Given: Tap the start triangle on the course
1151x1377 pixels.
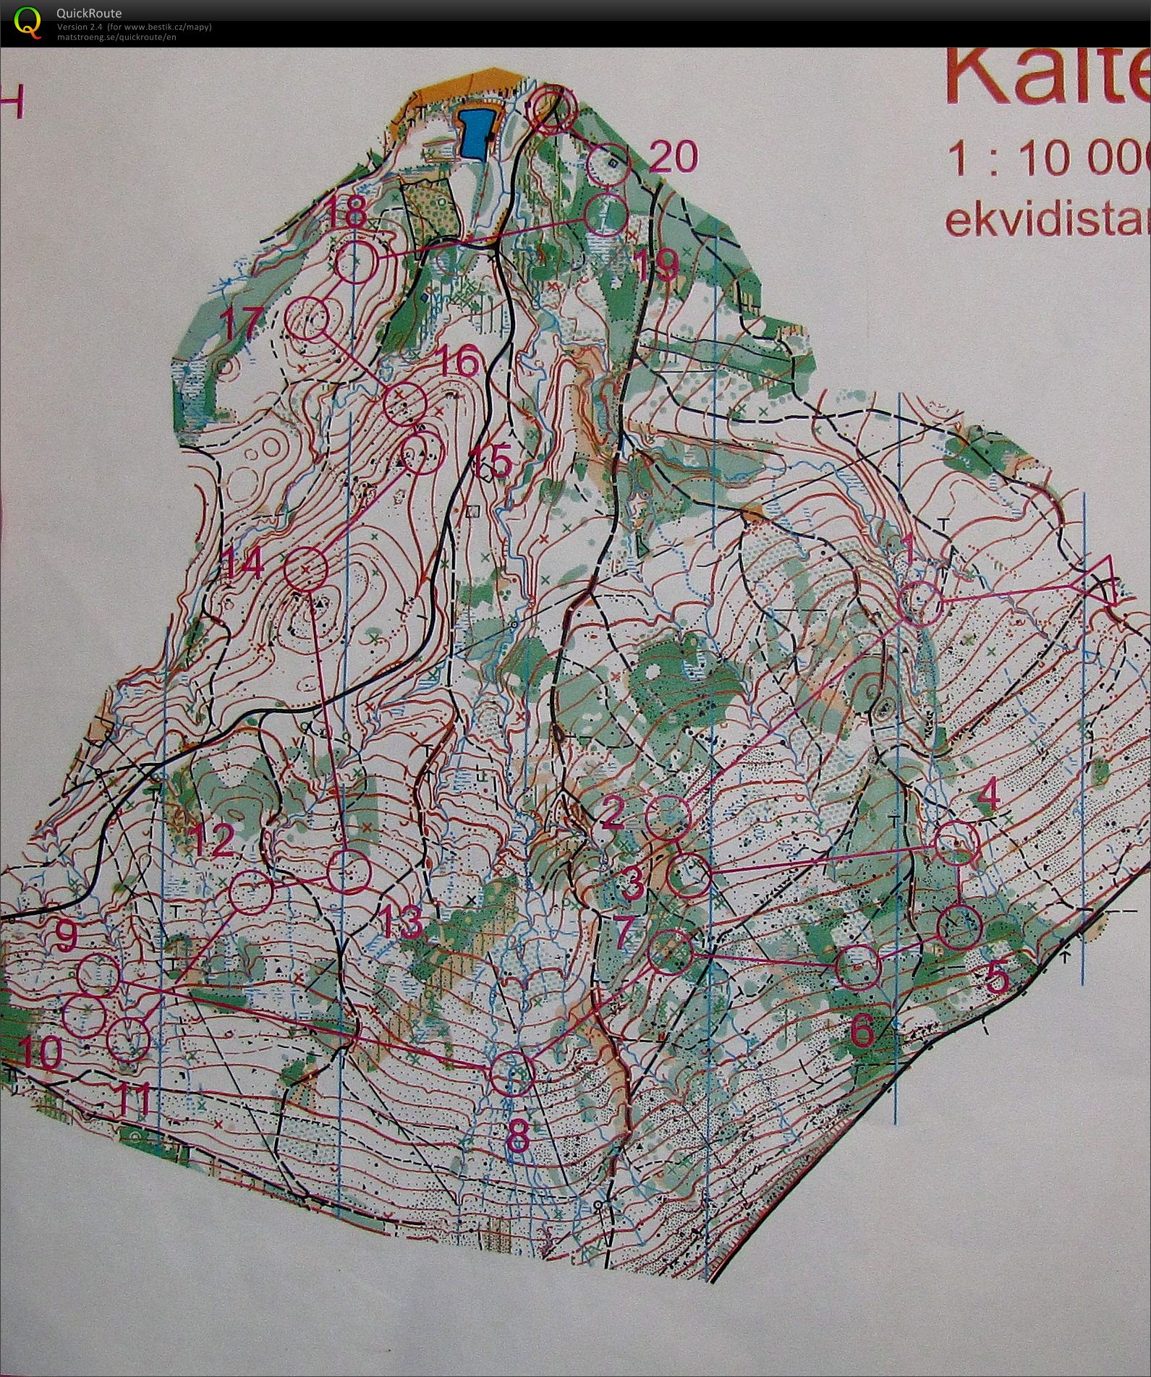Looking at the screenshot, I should [x=1099, y=578].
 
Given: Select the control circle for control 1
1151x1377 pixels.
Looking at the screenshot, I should [x=919, y=602].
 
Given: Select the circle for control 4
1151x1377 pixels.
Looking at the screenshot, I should [x=957, y=843].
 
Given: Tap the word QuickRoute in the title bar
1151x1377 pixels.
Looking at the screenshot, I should [x=89, y=13].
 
